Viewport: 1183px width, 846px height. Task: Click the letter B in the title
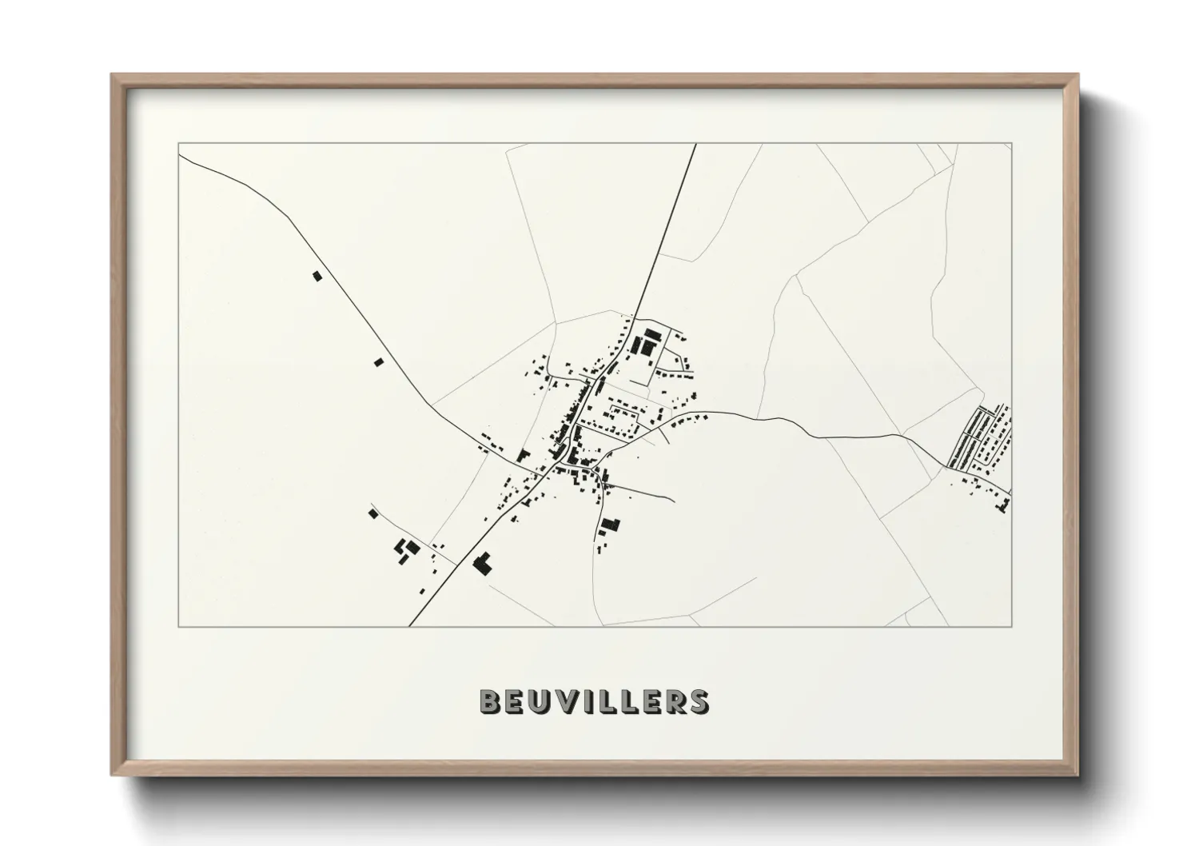click(490, 701)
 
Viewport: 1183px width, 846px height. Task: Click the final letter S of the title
click(698, 701)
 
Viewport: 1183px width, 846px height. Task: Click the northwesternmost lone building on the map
click(316, 276)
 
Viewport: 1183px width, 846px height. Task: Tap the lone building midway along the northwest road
click(379, 361)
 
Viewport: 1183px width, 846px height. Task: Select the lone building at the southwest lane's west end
click(372, 513)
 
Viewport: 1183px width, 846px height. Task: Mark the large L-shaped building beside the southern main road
click(482, 564)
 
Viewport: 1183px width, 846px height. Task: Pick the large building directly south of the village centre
click(611, 525)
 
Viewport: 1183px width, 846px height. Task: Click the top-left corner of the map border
click(178, 143)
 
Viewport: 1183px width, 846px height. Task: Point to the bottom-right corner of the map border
click(1012, 626)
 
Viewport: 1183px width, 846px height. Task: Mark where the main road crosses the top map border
click(695, 143)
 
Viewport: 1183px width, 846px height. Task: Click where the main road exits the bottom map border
click(409, 626)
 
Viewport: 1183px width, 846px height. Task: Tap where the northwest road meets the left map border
click(178, 156)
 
